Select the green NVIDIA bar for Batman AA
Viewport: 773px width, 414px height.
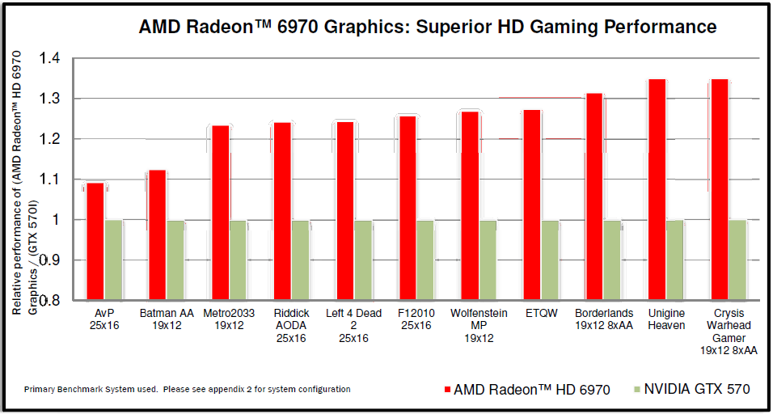pos(176,260)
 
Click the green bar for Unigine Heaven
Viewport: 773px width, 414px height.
pos(674,260)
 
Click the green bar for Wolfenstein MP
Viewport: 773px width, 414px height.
pos(488,260)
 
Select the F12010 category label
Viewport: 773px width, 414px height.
pos(416,312)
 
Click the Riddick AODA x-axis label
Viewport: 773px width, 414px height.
pos(291,325)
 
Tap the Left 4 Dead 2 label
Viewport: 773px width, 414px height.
pos(353,325)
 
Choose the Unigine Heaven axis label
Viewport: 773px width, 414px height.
pos(665,319)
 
